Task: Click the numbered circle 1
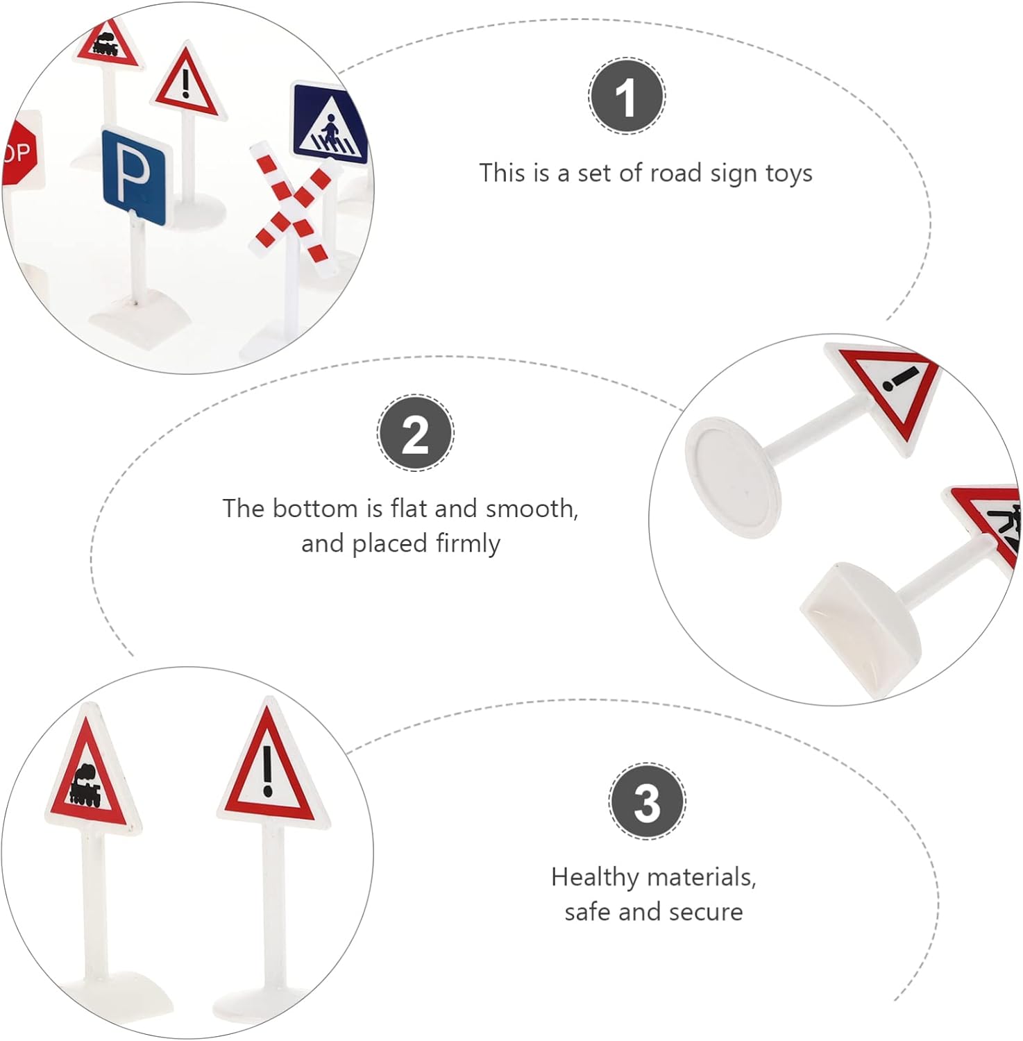point(627,96)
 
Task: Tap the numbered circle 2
point(416,433)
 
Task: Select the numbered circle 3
point(647,801)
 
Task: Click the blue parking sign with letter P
point(135,177)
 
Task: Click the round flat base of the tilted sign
point(733,477)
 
